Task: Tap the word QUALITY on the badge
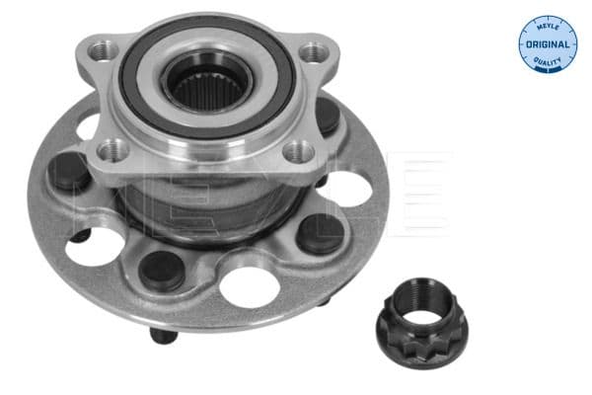pos(547,64)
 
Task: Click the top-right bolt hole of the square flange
pos(314,51)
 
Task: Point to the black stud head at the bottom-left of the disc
pos(162,270)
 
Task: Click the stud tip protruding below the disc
pos(157,336)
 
